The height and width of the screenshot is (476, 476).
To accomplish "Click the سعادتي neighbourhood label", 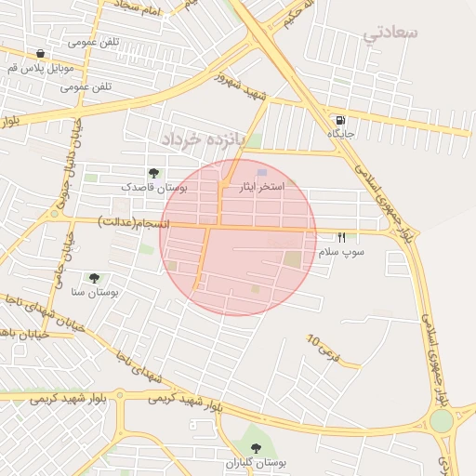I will (x=390, y=33).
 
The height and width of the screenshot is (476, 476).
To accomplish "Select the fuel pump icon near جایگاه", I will (x=341, y=120).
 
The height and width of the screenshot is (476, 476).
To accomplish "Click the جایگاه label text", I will (x=341, y=135).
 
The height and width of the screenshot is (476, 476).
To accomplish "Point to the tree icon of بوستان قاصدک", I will (x=153, y=173).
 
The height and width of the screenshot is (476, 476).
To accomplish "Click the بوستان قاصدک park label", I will (x=153, y=187).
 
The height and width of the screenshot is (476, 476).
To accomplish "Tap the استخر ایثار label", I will (x=262, y=187).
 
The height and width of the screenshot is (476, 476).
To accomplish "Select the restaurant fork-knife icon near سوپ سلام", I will (x=341, y=238).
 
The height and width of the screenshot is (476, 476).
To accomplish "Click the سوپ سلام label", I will (x=341, y=252).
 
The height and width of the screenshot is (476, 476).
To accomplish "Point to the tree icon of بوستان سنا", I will (x=94, y=278).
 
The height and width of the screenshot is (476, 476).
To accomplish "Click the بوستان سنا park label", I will (x=94, y=292).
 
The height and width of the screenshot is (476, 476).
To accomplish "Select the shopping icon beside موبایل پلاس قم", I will (x=40, y=54).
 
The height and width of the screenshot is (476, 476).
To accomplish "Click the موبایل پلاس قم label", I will (x=40, y=69).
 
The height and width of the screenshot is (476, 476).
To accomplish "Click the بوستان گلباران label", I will (x=257, y=462).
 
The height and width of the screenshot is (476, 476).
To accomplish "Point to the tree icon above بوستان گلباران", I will (x=257, y=448).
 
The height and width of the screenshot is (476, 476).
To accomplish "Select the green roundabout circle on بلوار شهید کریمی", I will (x=442, y=420).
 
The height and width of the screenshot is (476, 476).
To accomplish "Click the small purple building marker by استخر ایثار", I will (x=262, y=173).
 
